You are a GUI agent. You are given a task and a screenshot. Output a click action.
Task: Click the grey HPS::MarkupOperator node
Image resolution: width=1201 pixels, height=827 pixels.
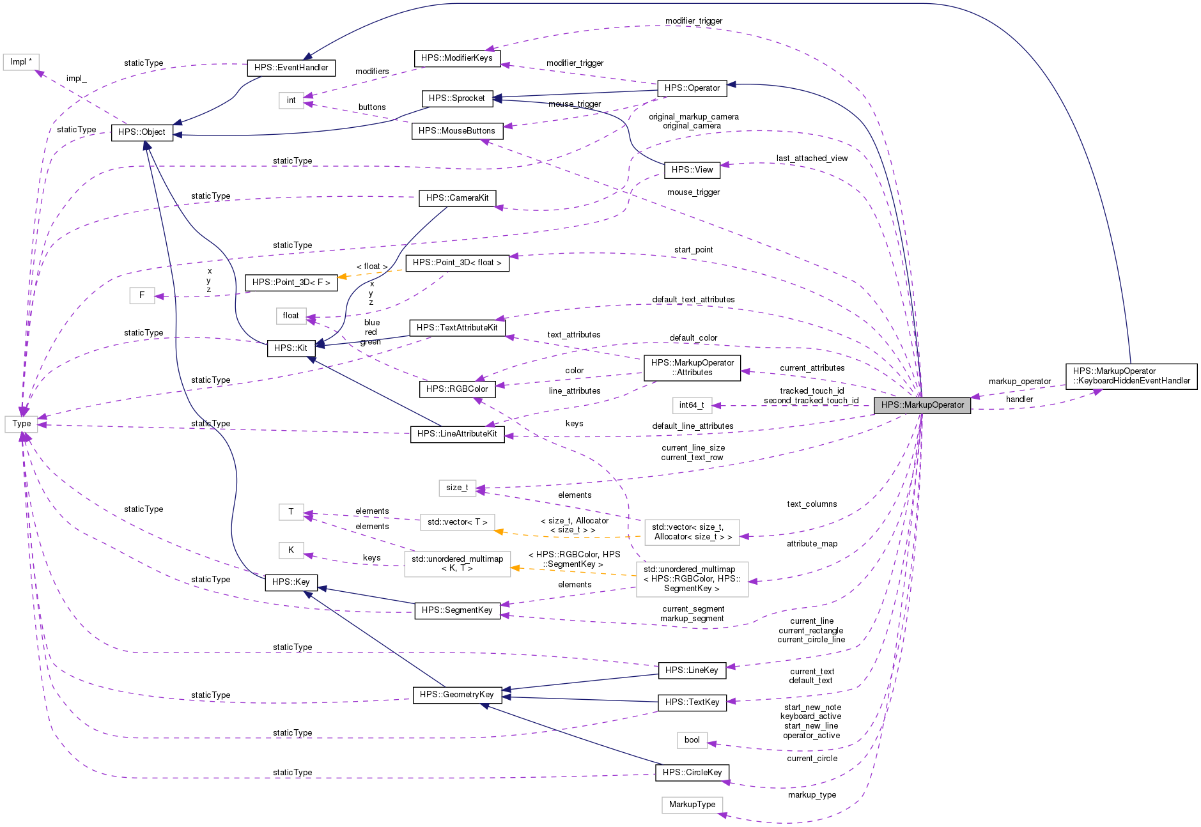(x=922, y=405)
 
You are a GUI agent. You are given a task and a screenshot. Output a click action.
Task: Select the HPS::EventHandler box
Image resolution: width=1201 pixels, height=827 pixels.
(x=291, y=67)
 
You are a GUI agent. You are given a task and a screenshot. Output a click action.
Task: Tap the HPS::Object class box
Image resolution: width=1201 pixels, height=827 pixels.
(x=141, y=132)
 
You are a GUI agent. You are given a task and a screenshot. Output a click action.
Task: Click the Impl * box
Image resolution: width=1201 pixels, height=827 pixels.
(x=21, y=61)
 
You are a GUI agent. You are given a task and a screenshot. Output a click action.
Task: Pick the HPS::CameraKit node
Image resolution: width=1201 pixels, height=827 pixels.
(x=457, y=197)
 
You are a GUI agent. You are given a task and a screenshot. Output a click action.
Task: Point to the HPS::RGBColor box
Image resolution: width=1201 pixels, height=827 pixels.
(x=456, y=389)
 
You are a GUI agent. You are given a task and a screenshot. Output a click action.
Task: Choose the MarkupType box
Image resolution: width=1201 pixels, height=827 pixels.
(x=692, y=804)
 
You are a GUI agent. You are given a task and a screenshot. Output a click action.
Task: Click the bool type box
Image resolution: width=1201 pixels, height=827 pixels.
(x=692, y=739)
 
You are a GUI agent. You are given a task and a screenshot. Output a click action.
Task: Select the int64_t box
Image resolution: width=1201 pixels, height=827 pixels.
(x=692, y=405)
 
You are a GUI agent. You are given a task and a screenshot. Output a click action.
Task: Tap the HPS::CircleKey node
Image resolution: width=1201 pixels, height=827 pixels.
(x=692, y=772)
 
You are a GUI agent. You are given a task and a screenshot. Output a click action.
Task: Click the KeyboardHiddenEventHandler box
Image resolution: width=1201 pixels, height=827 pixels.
(x=1131, y=376)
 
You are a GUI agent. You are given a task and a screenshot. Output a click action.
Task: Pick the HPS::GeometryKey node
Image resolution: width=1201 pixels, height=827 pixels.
(x=456, y=694)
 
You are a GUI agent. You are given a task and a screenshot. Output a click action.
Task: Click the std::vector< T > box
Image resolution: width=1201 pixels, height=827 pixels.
(x=457, y=522)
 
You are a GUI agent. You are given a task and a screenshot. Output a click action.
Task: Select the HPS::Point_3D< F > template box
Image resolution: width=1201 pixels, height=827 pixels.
(x=291, y=282)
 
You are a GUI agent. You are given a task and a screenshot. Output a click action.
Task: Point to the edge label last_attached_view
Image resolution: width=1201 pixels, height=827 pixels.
(x=812, y=158)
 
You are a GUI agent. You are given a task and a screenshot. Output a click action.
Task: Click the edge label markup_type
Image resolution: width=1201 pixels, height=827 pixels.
(x=812, y=794)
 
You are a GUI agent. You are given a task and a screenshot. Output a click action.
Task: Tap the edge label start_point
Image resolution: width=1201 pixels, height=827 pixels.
(x=693, y=249)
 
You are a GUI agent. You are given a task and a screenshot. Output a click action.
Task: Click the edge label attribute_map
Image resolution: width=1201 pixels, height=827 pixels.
(x=812, y=543)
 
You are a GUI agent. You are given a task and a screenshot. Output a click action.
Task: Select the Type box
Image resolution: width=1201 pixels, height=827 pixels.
(x=21, y=423)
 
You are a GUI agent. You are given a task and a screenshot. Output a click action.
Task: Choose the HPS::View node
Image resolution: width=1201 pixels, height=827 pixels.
(x=692, y=169)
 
